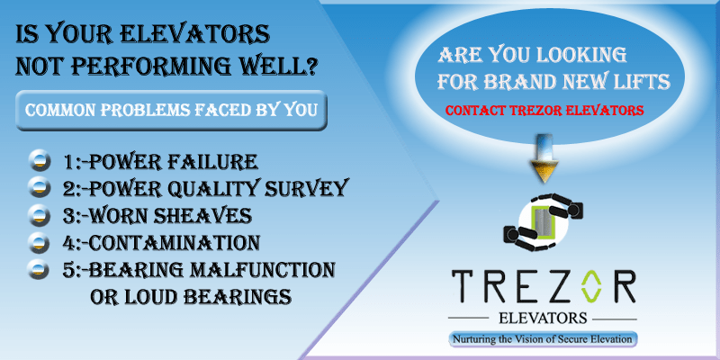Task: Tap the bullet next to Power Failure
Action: click(40, 162)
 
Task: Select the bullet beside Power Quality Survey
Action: click(40, 188)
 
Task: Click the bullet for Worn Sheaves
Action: click(40, 215)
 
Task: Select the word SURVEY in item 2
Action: click(311, 189)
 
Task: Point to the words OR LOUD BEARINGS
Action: click(193, 296)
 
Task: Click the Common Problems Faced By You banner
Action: click(171, 111)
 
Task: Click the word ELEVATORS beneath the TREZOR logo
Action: click(543, 319)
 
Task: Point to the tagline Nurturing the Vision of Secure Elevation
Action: click(544, 339)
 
